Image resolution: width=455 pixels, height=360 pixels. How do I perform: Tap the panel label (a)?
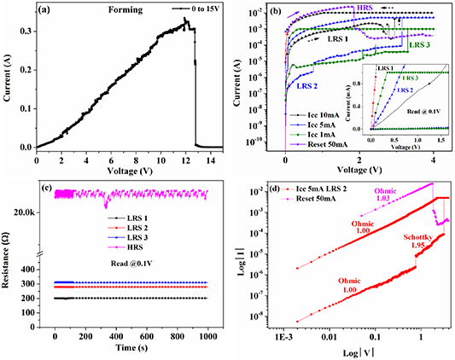coord(45,12)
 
